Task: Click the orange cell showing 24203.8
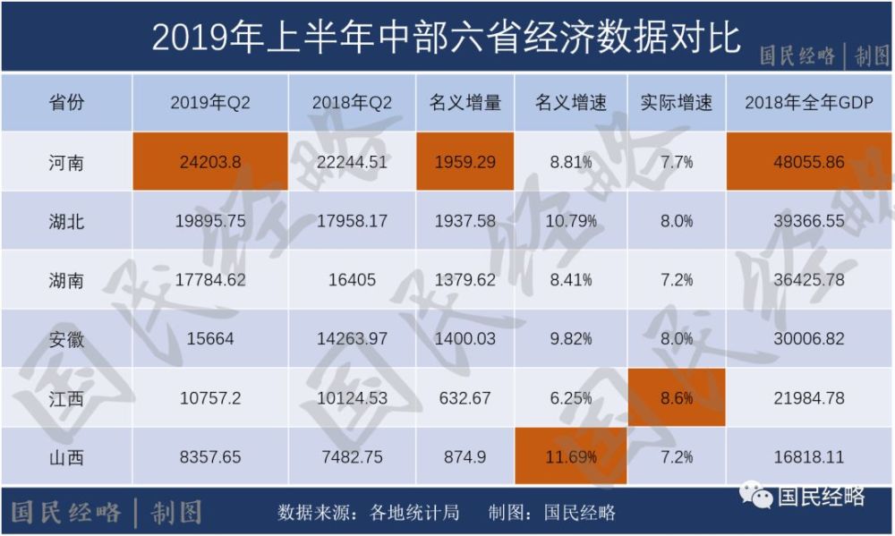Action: tap(210, 162)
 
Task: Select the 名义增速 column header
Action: tap(571, 103)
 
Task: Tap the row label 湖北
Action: tap(66, 221)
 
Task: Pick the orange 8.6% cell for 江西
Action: tap(677, 398)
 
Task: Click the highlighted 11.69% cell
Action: tap(571, 457)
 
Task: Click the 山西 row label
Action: tap(66, 457)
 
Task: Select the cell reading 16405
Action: tap(352, 280)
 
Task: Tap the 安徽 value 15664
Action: tap(210, 339)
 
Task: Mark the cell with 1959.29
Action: tap(465, 162)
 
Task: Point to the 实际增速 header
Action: tap(677, 103)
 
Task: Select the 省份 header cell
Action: tap(66, 103)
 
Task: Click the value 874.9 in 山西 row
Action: tap(465, 457)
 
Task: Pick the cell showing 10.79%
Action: tap(571, 221)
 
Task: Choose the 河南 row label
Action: tap(66, 162)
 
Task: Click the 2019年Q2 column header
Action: tap(210, 103)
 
